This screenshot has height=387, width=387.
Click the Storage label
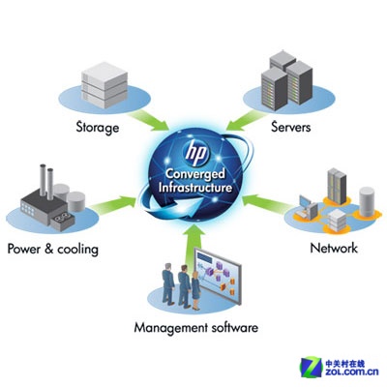(x=98, y=127)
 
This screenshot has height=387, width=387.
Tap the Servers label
(x=290, y=127)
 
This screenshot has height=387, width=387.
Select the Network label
(x=334, y=248)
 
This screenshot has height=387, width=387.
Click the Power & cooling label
(x=53, y=249)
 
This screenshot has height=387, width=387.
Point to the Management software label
(x=196, y=328)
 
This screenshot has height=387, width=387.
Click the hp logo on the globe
(x=195, y=153)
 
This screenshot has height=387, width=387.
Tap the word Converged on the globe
(x=194, y=174)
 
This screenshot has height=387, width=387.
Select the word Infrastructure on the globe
(x=195, y=188)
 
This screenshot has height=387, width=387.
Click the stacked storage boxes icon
(x=104, y=85)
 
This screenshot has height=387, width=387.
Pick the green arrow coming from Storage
(x=149, y=121)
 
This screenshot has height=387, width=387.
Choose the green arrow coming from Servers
(x=246, y=121)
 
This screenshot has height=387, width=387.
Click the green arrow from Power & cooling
(x=113, y=203)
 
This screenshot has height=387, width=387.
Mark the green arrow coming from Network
(x=266, y=201)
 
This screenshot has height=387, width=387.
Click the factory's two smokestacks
(x=46, y=181)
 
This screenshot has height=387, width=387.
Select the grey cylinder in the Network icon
(x=367, y=201)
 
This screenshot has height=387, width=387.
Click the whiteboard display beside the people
(x=218, y=277)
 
